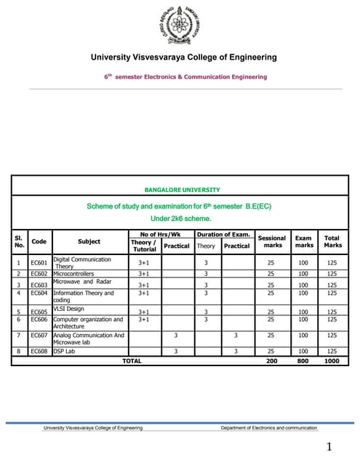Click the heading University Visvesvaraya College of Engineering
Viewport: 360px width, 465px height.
183,57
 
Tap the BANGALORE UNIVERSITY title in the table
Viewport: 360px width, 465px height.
182,190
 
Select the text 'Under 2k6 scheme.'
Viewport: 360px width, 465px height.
180,218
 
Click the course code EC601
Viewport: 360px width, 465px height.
39,262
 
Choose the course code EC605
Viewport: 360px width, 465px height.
39,312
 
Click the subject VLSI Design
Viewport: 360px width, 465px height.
69,308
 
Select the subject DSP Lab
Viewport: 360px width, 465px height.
64,351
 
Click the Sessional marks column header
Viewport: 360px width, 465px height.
272,241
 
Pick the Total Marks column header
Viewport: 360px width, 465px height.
332,241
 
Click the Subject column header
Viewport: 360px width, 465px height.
89,241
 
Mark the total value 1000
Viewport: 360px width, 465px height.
332,360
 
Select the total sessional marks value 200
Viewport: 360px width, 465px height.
272,360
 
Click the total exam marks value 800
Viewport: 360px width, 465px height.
303,360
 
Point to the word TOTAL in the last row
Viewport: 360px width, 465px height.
132,360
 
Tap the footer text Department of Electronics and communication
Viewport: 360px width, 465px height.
269,429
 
